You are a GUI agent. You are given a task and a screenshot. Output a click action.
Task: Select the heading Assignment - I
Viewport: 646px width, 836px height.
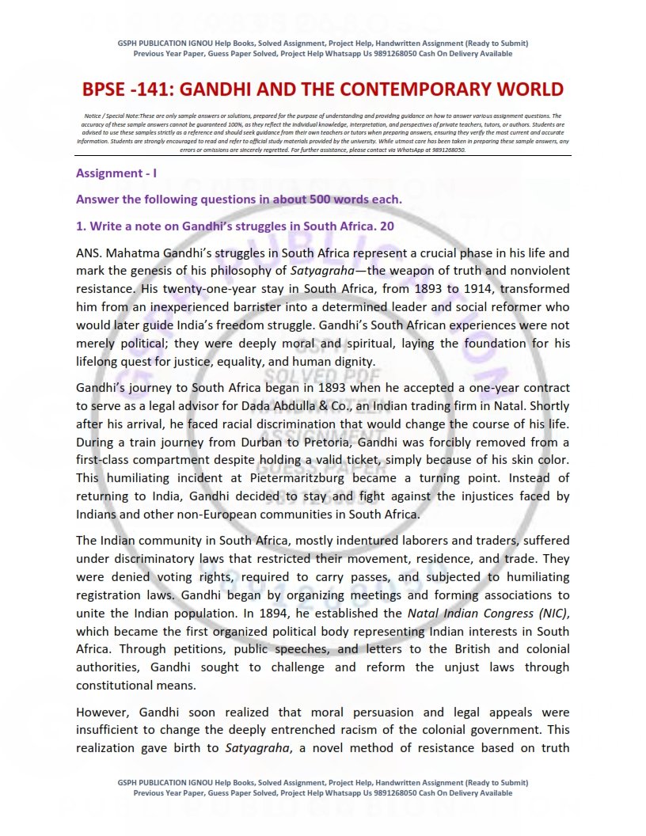pyautogui.click(x=116, y=173)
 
